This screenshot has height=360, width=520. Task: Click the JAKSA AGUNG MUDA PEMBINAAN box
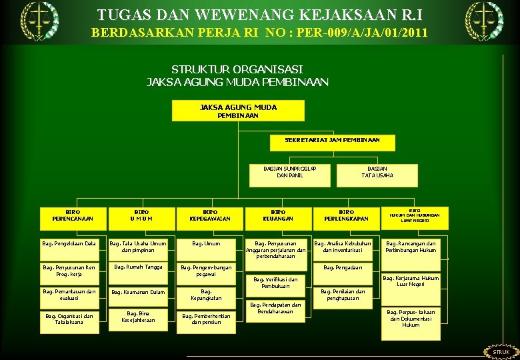[x=238, y=111]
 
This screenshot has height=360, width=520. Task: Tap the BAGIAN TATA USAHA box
[x=377, y=172]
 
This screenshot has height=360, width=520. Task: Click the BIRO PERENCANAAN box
[x=73, y=215]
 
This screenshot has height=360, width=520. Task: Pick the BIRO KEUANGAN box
[x=278, y=215]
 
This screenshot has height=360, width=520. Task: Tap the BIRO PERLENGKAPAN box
[x=346, y=215]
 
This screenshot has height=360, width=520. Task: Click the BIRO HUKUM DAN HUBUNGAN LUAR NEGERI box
[x=415, y=215]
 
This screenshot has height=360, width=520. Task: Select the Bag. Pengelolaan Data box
[x=69, y=244]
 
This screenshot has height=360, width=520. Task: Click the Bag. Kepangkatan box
[x=206, y=295]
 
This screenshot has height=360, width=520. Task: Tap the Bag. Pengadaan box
[x=343, y=268]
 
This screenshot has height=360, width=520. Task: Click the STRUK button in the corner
[x=501, y=352]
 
